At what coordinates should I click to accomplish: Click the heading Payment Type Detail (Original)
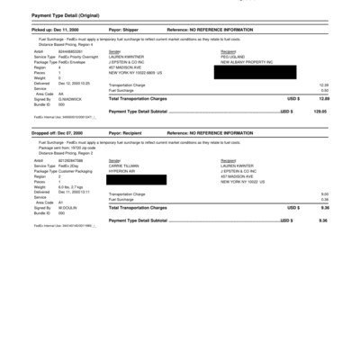[x=67, y=15]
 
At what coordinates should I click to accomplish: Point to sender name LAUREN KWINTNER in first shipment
[x=126, y=57]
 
